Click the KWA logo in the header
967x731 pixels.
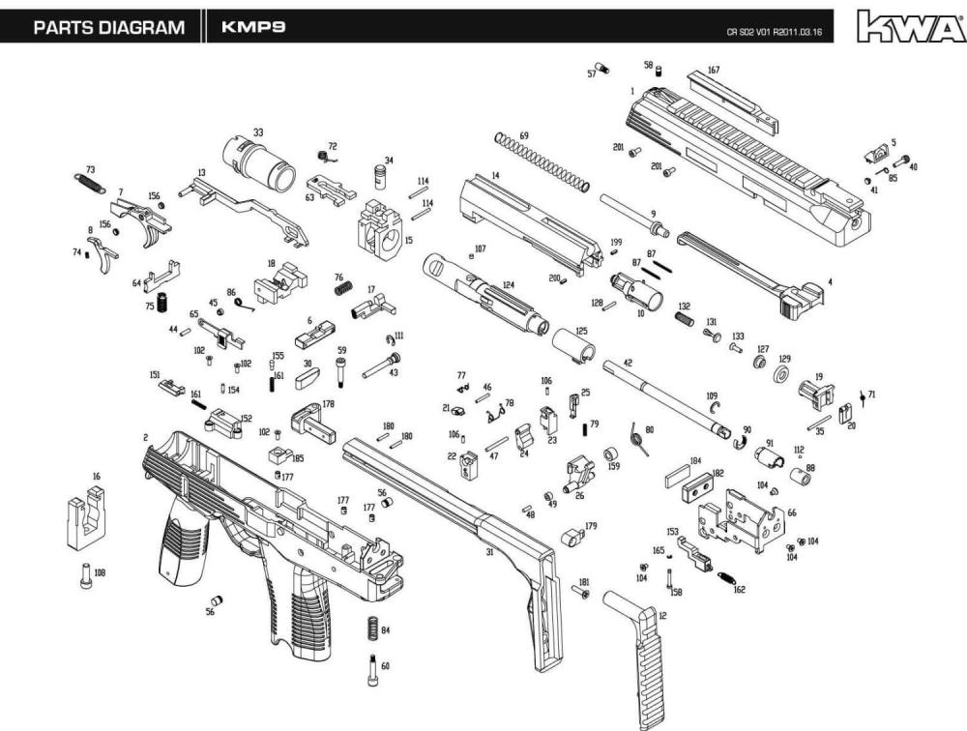[x=910, y=26]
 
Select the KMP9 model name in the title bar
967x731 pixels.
[x=252, y=27]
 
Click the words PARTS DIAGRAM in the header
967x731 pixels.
[x=108, y=27]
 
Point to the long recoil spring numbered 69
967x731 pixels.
[x=542, y=161]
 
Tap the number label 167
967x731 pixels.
[x=714, y=71]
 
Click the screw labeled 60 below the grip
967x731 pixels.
[x=373, y=670]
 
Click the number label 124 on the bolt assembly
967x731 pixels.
[x=507, y=286]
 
